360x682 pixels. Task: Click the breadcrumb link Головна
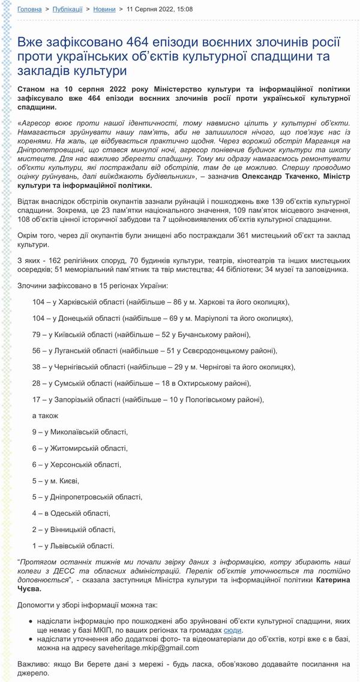point(29,10)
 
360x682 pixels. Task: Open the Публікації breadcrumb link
point(68,10)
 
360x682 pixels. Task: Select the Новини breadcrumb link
point(105,10)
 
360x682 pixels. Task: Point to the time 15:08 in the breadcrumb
point(184,10)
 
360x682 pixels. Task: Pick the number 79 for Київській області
point(37,334)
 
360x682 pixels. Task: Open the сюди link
point(233,631)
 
